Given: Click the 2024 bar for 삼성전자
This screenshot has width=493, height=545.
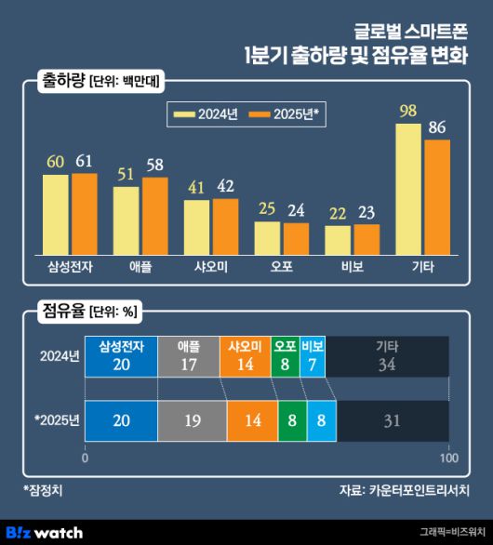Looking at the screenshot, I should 56,214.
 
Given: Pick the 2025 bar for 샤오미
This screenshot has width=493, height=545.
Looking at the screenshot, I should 225,226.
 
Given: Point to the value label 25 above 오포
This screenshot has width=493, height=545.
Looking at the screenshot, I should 267,210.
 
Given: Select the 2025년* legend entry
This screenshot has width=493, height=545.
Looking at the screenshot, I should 286,113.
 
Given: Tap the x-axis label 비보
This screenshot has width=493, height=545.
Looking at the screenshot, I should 340,266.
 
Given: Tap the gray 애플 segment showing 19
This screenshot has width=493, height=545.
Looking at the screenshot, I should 193,420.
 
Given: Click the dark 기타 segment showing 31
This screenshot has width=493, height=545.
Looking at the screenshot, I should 392,420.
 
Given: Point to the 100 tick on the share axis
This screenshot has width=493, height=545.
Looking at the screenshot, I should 448,458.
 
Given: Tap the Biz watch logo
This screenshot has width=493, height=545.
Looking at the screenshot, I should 45,532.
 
